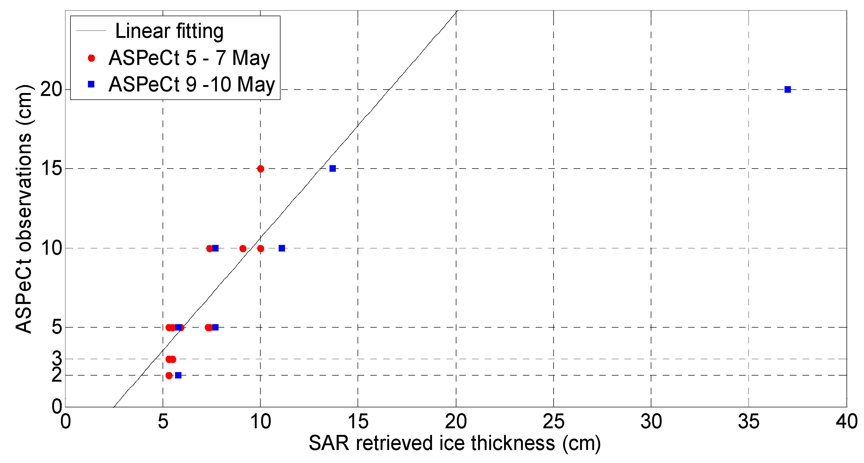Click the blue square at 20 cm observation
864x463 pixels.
pyautogui.click(x=787, y=90)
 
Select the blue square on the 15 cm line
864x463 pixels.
pyautogui.click(x=332, y=169)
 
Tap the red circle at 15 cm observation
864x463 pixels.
pyautogui.click(x=261, y=169)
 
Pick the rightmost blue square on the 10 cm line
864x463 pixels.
pyautogui.click(x=282, y=248)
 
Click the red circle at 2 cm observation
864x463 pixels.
pyautogui.click(x=169, y=376)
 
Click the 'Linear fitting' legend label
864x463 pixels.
pyautogui.click(x=169, y=31)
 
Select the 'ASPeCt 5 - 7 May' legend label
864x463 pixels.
pyautogui.click(x=189, y=58)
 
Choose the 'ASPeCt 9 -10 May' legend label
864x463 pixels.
pyautogui.click(x=191, y=84)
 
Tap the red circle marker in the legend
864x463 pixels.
pyautogui.click(x=91, y=58)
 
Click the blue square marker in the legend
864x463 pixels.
pyautogui.click(x=91, y=84)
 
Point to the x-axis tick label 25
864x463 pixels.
pyautogui.click(x=553, y=421)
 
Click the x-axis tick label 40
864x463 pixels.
pyautogui.click(x=846, y=421)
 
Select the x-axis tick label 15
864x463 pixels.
pyautogui.click(x=358, y=421)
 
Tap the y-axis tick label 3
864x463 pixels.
pyautogui.click(x=57, y=358)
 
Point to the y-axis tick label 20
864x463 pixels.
pyautogui.click(x=51, y=89)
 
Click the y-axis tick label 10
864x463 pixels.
pyautogui.click(x=51, y=248)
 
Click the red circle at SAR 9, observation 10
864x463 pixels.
pyautogui.click(x=243, y=249)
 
